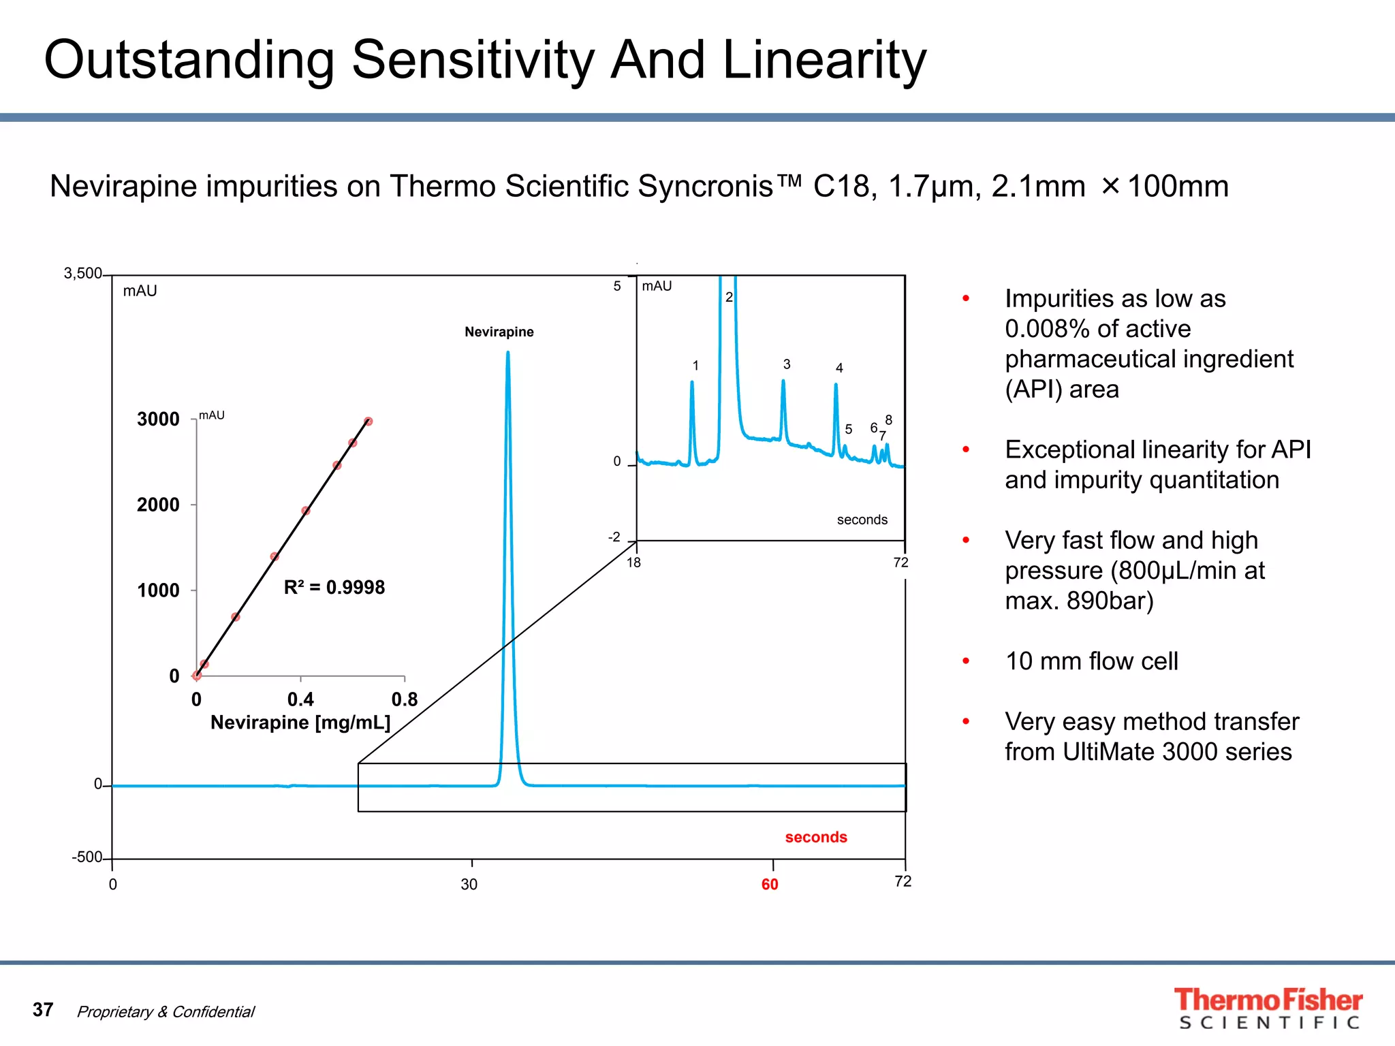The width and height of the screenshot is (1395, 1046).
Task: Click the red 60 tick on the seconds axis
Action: pyautogui.click(x=770, y=884)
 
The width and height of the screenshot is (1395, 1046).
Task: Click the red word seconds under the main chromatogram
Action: pyautogui.click(x=815, y=837)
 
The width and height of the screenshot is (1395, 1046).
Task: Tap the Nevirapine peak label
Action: pyautogui.click(x=499, y=332)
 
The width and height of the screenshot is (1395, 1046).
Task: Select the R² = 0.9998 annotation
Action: pyautogui.click(x=334, y=587)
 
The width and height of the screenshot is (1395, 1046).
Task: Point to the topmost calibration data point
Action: pyautogui.click(x=369, y=422)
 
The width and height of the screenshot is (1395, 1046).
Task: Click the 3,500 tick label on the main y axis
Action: pyautogui.click(x=82, y=274)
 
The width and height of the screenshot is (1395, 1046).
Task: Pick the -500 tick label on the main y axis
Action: pyautogui.click(x=87, y=857)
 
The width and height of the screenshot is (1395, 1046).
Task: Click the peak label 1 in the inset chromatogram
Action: pyautogui.click(x=695, y=366)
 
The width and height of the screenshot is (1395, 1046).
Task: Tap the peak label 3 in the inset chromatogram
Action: pyautogui.click(x=787, y=364)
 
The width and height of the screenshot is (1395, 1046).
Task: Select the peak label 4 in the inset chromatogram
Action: pyautogui.click(x=839, y=368)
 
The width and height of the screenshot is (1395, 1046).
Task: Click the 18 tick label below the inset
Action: pyautogui.click(x=633, y=562)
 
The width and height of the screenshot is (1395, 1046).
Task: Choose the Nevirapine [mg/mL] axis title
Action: pyautogui.click(x=300, y=723)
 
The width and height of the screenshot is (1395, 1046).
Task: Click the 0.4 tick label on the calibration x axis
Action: pyautogui.click(x=300, y=699)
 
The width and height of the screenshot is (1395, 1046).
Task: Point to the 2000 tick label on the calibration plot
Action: pyautogui.click(x=158, y=505)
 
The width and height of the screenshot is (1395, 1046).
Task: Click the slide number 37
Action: pyautogui.click(x=43, y=1009)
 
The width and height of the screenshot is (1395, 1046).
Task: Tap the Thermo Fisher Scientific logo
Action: pyautogui.click(x=1268, y=1008)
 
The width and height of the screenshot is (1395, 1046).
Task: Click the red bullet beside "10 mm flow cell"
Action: pyautogui.click(x=965, y=661)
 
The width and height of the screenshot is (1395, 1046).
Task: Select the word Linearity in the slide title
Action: pyautogui.click(x=824, y=60)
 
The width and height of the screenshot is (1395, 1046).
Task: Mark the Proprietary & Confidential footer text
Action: pyautogui.click(x=166, y=1012)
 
